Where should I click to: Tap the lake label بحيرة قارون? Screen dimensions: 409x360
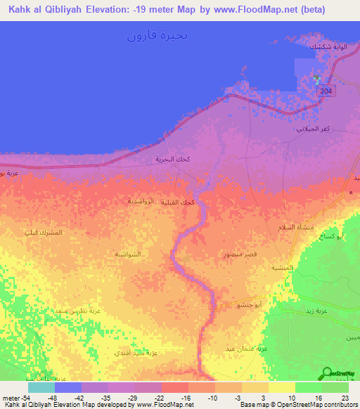click(x=158, y=35)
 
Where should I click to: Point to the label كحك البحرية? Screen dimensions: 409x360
click(x=173, y=160)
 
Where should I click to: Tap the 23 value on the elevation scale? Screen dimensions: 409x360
click(x=345, y=396)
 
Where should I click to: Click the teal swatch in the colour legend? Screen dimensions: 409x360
click(x=41, y=387)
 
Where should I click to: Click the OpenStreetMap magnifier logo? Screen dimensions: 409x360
click(x=327, y=375)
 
